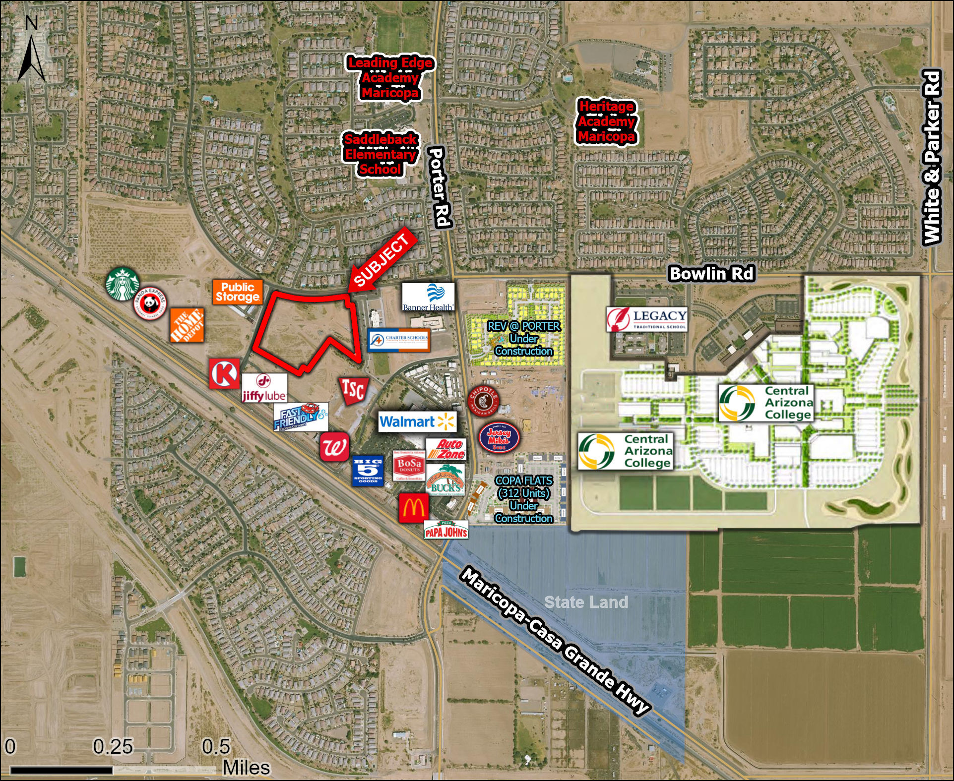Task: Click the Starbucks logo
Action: click(122, 284)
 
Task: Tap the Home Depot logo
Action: click(187, 325)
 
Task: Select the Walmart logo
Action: click(417, 422)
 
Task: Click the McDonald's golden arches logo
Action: click(414, 508)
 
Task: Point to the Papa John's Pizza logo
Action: click(446, 530)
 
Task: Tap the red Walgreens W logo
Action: click(334, 447)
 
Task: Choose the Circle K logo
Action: click(224, 374)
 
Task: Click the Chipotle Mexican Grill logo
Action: click(483, 400)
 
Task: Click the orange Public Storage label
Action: click(237, 292)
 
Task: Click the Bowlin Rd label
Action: click(711, 274)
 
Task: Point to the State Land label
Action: click(586, 602)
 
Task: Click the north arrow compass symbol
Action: click(31, 50)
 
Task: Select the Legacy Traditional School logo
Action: click(646, 319)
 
